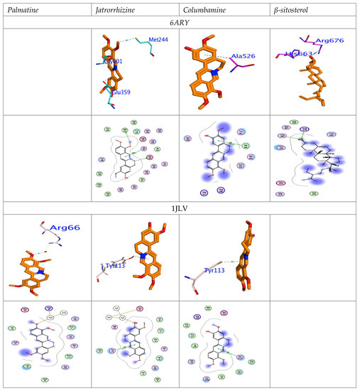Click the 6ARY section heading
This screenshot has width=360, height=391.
pos(180,23)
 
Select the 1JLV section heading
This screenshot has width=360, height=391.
pos(180,205)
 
